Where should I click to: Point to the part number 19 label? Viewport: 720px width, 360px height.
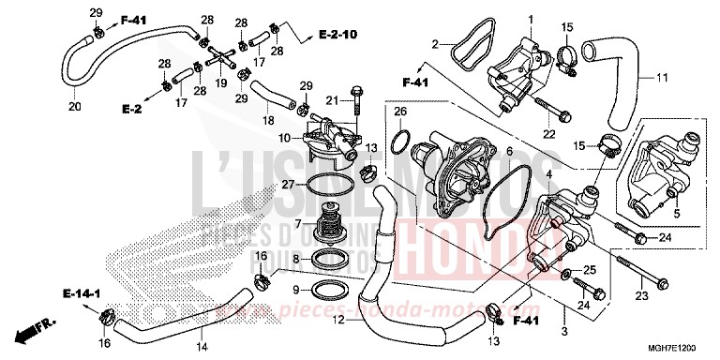pos(222,82)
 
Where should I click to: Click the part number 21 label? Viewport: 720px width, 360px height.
pos(331,100)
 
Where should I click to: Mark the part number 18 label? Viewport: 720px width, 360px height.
pos(268,121)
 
